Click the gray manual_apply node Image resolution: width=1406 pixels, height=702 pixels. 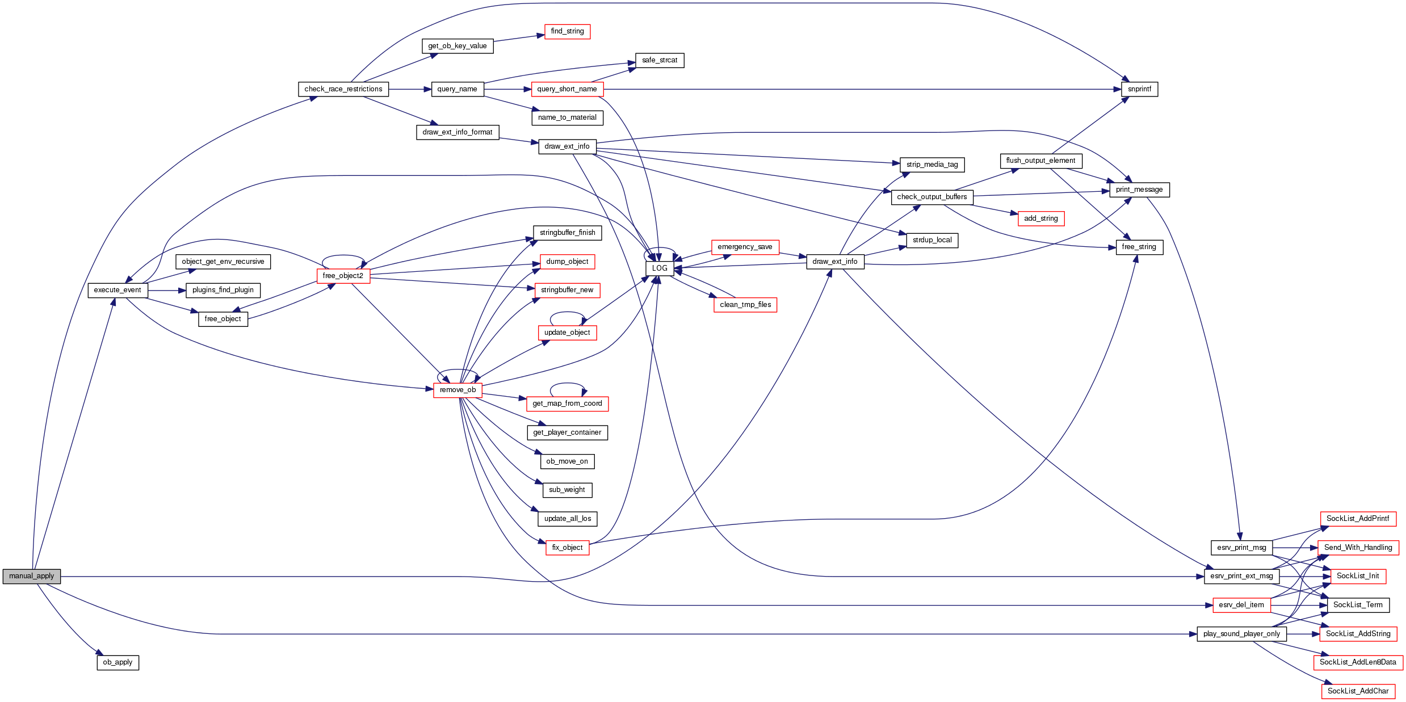click(x=31, y=576)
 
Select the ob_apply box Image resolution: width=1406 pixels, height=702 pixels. click(x=117, y=662)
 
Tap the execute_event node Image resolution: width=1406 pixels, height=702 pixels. click(x=117, y=290)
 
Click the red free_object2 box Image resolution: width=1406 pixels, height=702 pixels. click(x=343, y=276)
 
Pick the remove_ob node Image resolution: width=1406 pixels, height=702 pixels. click(x=458, y=390)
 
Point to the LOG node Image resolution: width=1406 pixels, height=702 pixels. click(x=660, y=268)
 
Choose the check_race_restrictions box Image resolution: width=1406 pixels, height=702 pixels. click(x=343, y=89)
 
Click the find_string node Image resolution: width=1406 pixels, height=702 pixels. click(x=567, y=31)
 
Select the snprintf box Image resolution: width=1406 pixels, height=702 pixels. click(x=1139, y=89)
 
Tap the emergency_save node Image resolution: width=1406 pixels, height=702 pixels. click(x=745, y=247)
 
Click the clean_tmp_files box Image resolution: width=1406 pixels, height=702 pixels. click(x=745, y=305)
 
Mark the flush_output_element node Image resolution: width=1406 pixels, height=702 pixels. click(x=1040, y=161)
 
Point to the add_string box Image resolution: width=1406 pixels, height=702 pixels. click(x=1040, y=218)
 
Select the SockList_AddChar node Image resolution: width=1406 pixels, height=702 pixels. click(x=1358, y=691)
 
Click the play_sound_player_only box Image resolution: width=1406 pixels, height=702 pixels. click(x=1241, y=634)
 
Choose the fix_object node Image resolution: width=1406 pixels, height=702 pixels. click(x=567, y=548)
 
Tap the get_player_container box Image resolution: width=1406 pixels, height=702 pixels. click(x=567, y=432)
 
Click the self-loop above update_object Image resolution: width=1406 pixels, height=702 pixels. click(x=567, y=313)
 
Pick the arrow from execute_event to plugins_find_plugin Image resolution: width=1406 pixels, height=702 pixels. click(x=167, y=291)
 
